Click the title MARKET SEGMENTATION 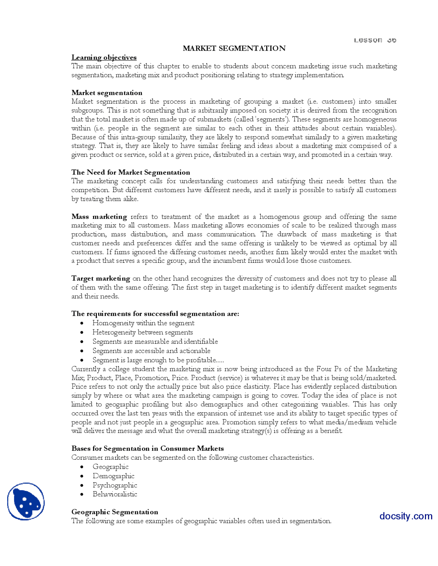point(234,48)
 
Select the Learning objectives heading point(104,57)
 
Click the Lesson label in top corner point(375,40)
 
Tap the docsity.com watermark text point(405,516)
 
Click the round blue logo point(26,501)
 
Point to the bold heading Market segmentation point(107,93)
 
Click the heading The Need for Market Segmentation point(131,172)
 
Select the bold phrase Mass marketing point(99,216)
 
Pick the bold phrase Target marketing point(101,278)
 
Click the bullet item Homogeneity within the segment point(143,323)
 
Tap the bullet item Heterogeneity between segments point(143,332)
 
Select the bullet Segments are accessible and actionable point(151,351)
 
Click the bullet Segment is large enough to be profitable point(158,360)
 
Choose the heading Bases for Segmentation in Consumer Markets point(147,448)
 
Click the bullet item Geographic point(111,467)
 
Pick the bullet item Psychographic point(115,485)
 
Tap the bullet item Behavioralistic point(115,494)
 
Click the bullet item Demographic point(113,476)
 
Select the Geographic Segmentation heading point(115,512)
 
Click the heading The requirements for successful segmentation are point(155,314)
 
